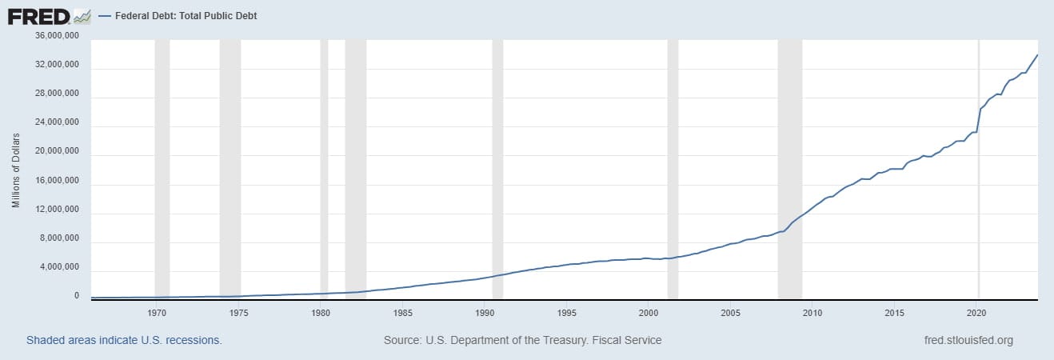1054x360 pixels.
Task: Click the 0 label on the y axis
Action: tap(77, 296)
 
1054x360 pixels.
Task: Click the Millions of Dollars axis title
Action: tap(16, 170)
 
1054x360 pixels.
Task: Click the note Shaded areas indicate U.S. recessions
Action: tap(124, 340)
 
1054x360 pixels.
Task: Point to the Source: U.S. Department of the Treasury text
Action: tap(522, 340)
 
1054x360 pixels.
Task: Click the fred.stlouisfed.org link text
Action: tap(968, 340)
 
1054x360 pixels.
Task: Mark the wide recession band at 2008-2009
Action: tap(789, 168)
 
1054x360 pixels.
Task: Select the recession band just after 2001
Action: tap(673, 168)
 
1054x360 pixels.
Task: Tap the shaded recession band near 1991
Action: tap(497, 168)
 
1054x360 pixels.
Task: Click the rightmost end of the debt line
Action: tap(1037, 55)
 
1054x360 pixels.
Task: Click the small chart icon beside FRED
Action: tap(82, 16)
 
